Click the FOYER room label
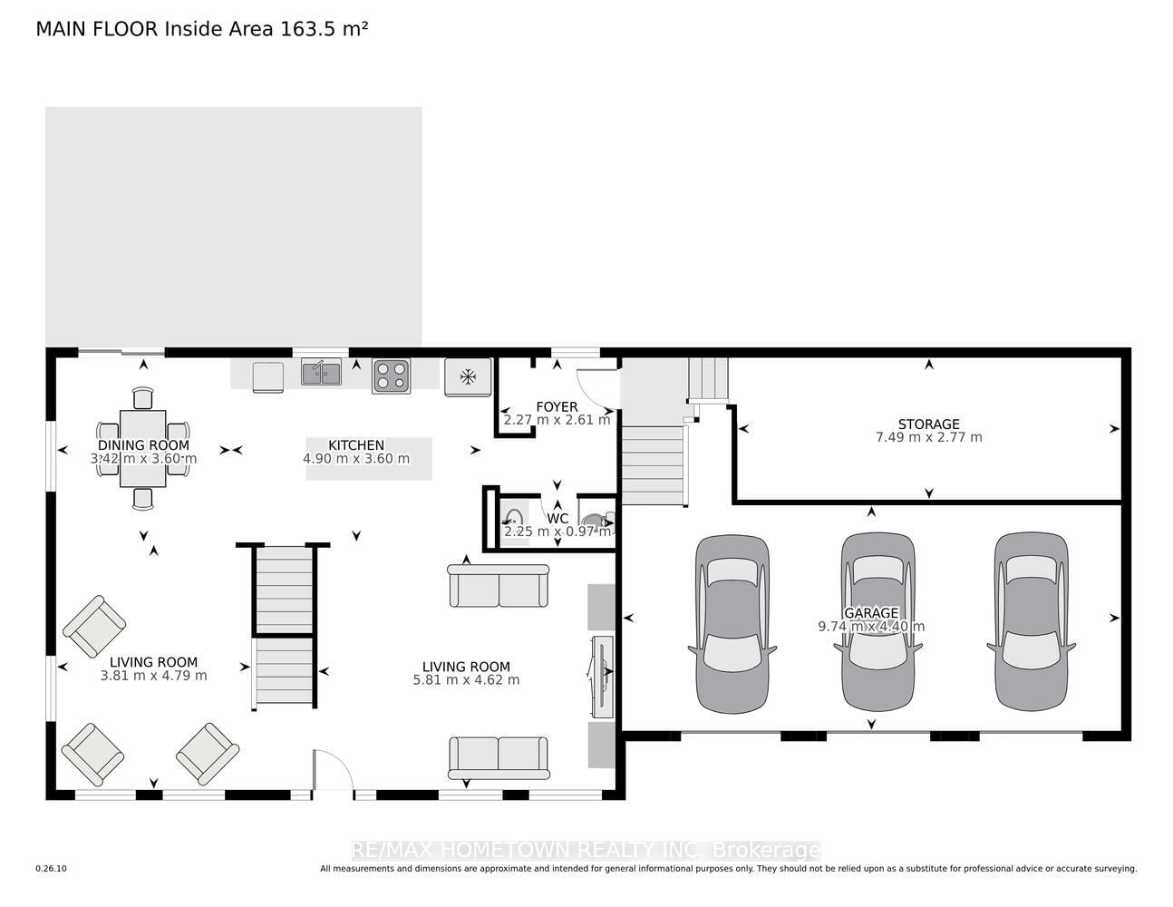pyautogui.click(x=557, y=406)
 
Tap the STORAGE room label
pyautogui.click(x=928, y=424)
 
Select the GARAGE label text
pyautogui.click(x=871, y=613)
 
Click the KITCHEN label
pyautogui.click(x=356, y=444)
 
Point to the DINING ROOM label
pyautogui.click(x=143, y=444)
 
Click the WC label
pyautogui.click(x=557, y=518)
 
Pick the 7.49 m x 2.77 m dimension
pyautogui.click(x=928, y=437)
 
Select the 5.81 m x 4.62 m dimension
pyautogui.click(x=467, y=679)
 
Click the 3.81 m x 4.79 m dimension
pyautogui.click(x=154, y=676)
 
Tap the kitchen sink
pyautogui.click(x=321, y=372)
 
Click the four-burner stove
pyautogui.click(x=391, y=375)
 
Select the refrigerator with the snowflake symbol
pyautogui.click(x=468, y=376)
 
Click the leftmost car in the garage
pyautogui.click(x=732, y=624)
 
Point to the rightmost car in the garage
pyautogui.click(x=1031, y=621)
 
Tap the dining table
pyautogui.click(x=143, y=449)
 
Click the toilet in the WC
pyautogui.click(x=597, y=522)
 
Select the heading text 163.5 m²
pyautogui.click(x=324, y=29)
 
